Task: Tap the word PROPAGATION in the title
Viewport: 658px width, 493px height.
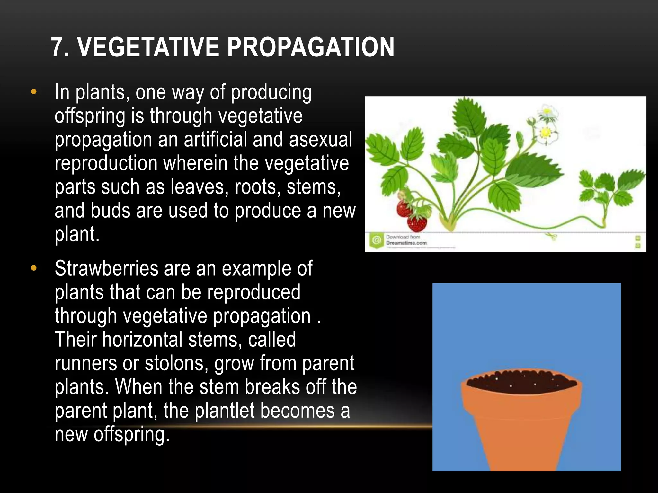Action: coord(310,47)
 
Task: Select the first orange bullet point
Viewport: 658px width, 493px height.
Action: coord(34,92)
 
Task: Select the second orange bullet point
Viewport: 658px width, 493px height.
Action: coord(34,268)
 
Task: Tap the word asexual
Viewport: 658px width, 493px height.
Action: coord(320,140)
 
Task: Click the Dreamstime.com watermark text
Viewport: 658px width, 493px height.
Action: coord(406,243)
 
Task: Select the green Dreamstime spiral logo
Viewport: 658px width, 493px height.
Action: coord(376,240)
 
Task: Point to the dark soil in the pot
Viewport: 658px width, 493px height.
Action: coord(520,382)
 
